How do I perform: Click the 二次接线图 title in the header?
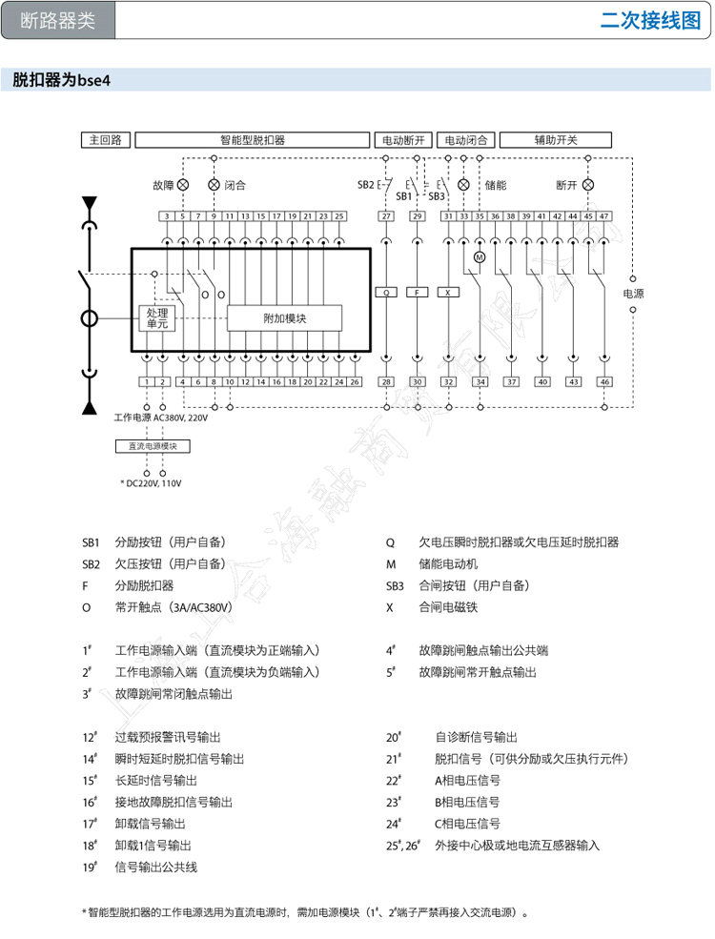coord(651,21)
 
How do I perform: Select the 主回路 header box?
coord(105,140)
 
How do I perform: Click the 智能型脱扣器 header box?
coord(253,140)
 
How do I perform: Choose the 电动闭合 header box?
coord(466,140)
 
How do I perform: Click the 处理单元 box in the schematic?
coord(157,318)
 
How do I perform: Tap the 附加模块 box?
coord(284,318)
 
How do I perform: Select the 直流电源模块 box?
coord(153,446)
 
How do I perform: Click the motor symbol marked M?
coord(480,257)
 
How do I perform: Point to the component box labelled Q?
coord(386,293)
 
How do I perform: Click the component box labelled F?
coord(417,293)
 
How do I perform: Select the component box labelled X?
coord(448,293)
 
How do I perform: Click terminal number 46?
coord(604,381)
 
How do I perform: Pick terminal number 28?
coord(386,381)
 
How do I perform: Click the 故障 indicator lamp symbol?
coord(184,184)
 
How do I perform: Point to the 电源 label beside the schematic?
coord(633,294)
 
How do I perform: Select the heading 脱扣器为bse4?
coord(62,82)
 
